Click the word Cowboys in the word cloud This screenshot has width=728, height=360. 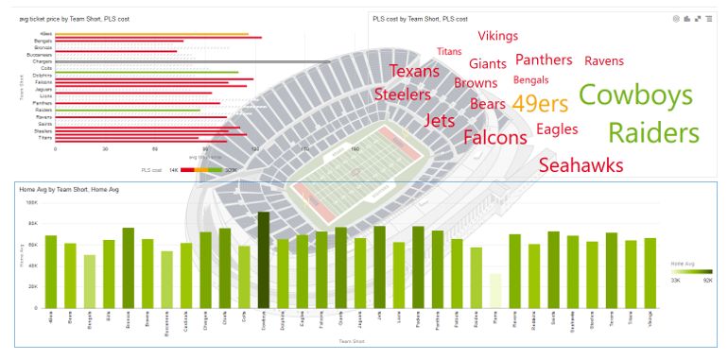[635, 95]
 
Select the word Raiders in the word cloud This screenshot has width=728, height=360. [653, 133]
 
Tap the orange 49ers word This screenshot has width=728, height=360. [540, 104]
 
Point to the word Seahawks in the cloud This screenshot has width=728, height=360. [581, 165]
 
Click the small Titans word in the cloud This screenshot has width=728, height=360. [449, 52]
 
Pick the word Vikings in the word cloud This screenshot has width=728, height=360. [497, 36]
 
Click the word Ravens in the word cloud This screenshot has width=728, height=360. [603, 60]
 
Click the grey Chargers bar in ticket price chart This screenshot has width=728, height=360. [151, 61]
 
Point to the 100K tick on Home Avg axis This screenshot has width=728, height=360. [31, 203]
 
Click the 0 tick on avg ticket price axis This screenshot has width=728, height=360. [55, 148]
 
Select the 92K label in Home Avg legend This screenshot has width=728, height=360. [705, 281]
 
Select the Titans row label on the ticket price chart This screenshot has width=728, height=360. [45, 138]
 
